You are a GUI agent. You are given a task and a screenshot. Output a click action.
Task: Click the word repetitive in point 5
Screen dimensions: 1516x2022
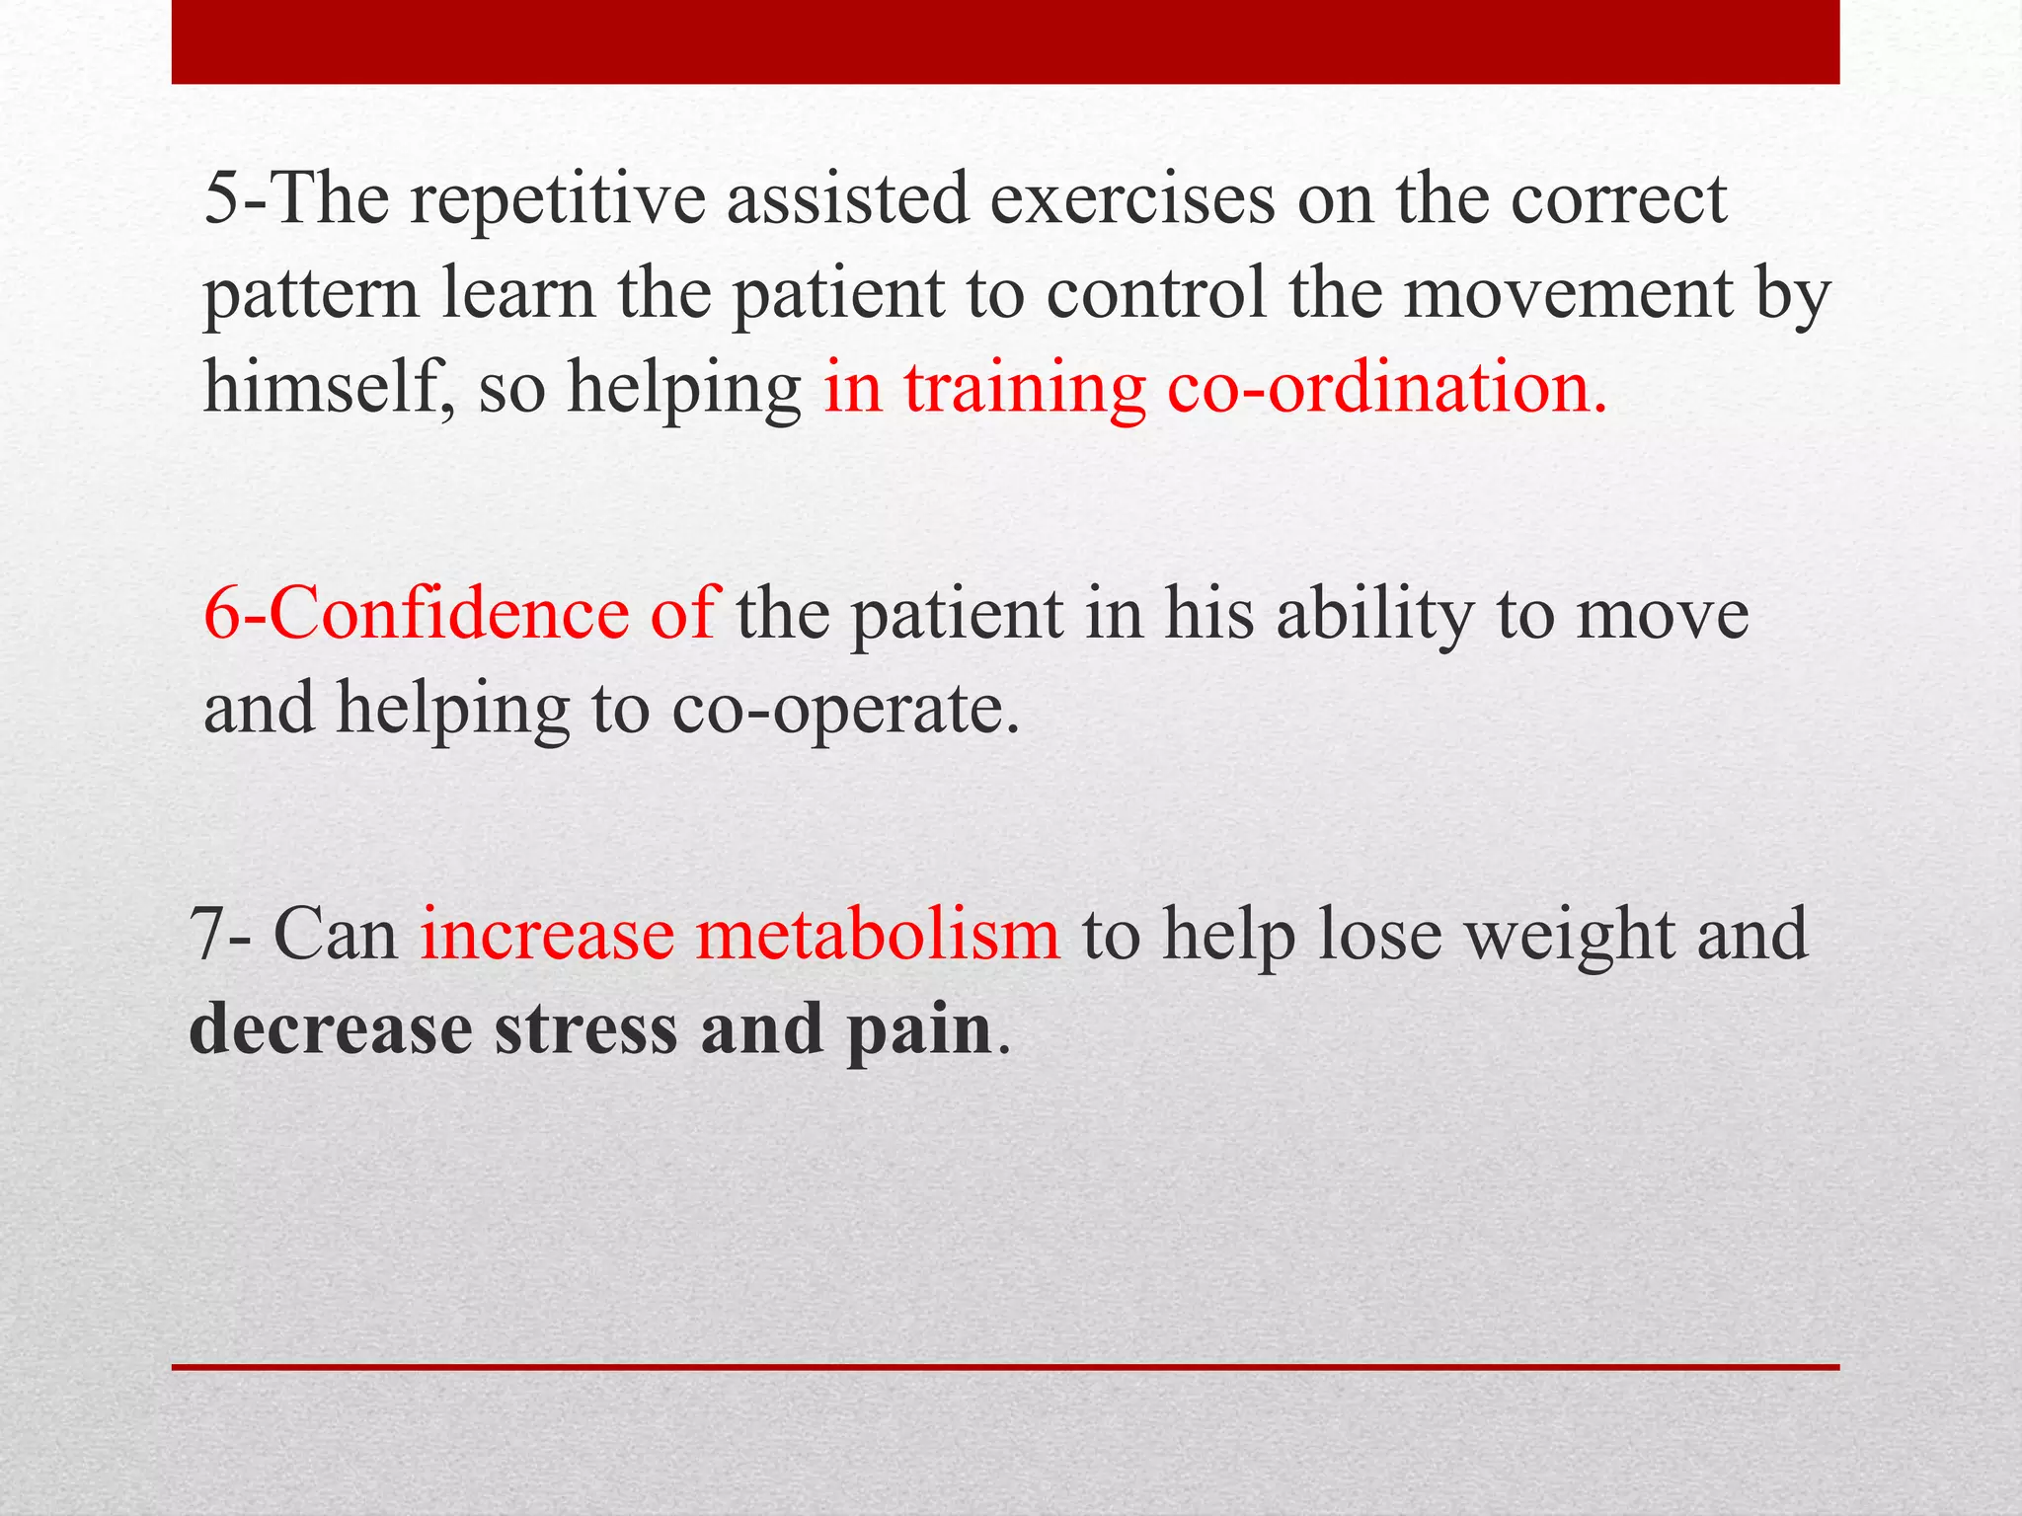click(557, 200)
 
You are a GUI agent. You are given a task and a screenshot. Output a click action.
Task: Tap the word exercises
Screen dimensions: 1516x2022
click(1132, 200)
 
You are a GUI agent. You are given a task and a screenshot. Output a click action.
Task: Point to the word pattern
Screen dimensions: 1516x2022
click(310, 296)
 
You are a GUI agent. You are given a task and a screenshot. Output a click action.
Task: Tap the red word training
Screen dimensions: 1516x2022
click(1025, 389)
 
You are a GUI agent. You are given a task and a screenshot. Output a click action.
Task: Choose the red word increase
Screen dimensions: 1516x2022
click(547, 936)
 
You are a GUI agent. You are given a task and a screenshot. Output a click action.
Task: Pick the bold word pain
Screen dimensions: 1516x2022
click(918, 1032)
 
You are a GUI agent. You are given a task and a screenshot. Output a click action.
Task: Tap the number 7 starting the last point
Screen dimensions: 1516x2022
click(207, 936)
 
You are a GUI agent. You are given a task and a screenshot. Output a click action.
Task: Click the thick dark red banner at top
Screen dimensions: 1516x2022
click(1005, 41)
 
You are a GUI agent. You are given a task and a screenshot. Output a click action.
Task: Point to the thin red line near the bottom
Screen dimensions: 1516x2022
click(1005, 1367)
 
